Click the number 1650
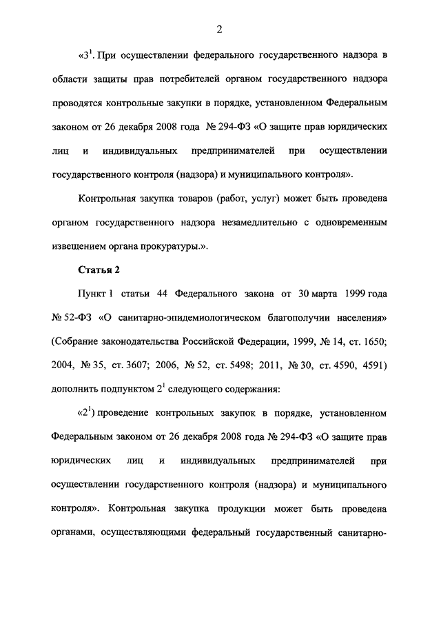coord(376,341)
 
